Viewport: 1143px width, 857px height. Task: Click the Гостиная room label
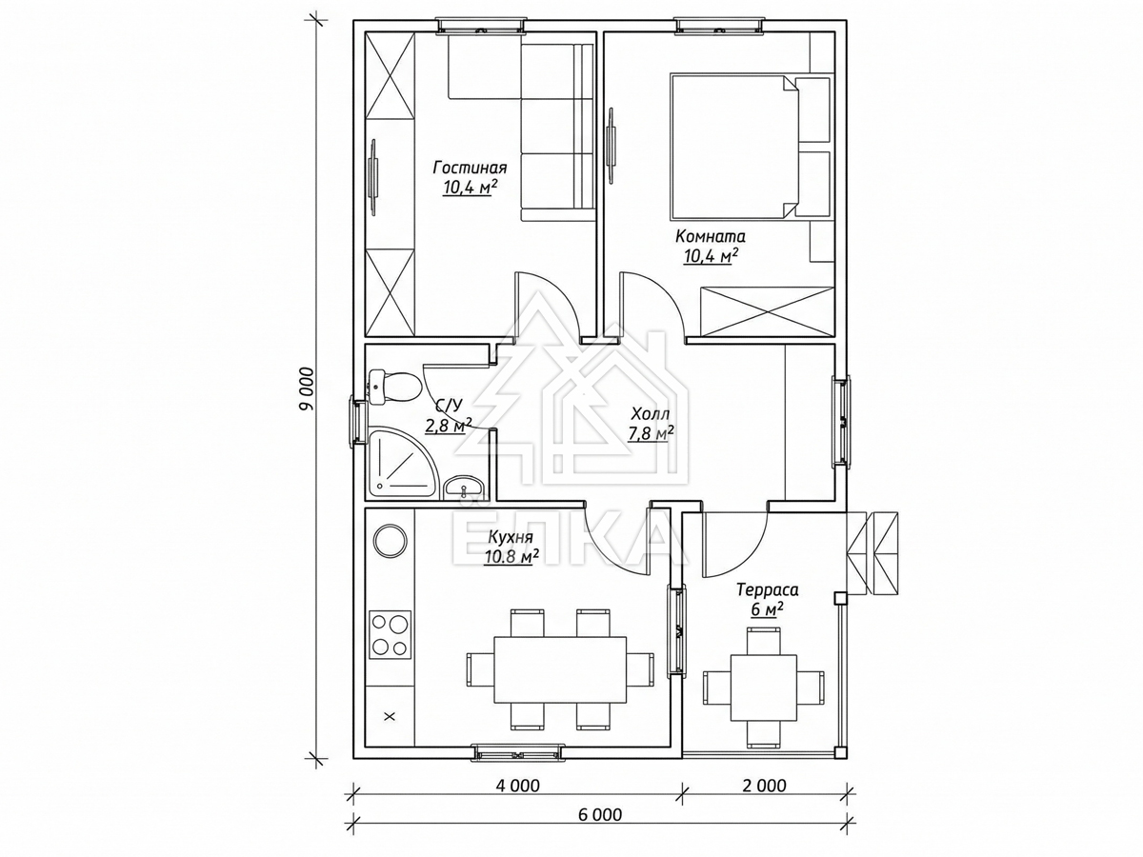click(x=471, y=169)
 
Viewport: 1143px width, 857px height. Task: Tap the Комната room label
click(x=711, y=237)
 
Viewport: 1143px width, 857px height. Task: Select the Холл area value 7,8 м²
click(x=652, y=433)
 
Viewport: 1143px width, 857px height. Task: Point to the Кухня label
click(x=511, y=537)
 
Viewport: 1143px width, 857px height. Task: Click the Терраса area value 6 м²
click(x=768, y=608)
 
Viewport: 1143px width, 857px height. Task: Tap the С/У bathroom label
click(x=449, y=405)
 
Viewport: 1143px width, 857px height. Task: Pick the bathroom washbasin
click(x=465, y=488)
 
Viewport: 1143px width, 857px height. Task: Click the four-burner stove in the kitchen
click(x=390, y=634)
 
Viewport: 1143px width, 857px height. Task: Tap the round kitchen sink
click(x=390, y=541)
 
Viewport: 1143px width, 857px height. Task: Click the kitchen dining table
click(x=560, y=669)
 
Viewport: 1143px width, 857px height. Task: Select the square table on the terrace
click(x=763, y=688)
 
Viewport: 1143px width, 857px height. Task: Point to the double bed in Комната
click(x=734, y=147)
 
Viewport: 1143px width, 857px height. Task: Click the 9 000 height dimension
click(x=308, y=389)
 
